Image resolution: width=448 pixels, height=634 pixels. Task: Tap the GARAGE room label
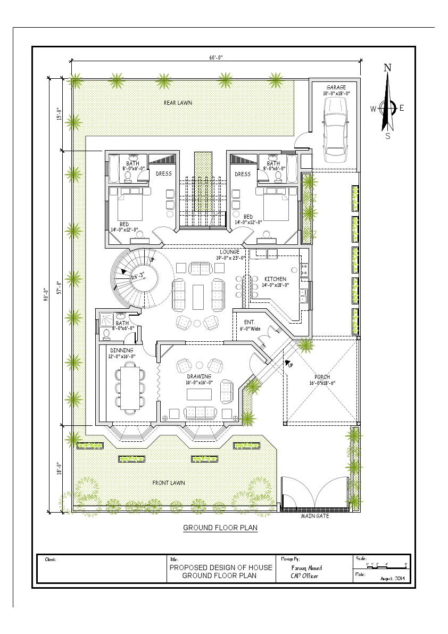(x=336, y=87)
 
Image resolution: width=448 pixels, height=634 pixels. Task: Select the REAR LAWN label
(x=178, y=103)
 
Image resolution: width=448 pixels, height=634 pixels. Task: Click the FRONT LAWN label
(x=169, y=483)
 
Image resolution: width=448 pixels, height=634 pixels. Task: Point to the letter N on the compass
(x=388, y=68)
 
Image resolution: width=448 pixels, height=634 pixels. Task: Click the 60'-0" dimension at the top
(x=215, y=57)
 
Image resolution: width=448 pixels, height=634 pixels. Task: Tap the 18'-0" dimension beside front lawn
(x=60, y=469)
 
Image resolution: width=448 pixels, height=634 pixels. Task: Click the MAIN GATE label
(x=315, y=516)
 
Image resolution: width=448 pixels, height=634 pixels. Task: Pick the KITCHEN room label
(x=275, y=279)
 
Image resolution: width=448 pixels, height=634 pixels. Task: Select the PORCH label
(x=322, y=377)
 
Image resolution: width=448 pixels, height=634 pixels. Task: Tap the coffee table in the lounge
(x=198, y=297)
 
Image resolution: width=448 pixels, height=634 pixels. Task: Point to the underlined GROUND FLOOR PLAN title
(x=220, y=528)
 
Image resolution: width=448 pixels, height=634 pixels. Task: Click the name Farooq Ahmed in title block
(x=307, y=568)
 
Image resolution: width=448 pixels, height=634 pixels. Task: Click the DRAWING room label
(x=199, y=376)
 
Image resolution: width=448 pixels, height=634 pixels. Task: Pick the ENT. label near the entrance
(x=249, y=322)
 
